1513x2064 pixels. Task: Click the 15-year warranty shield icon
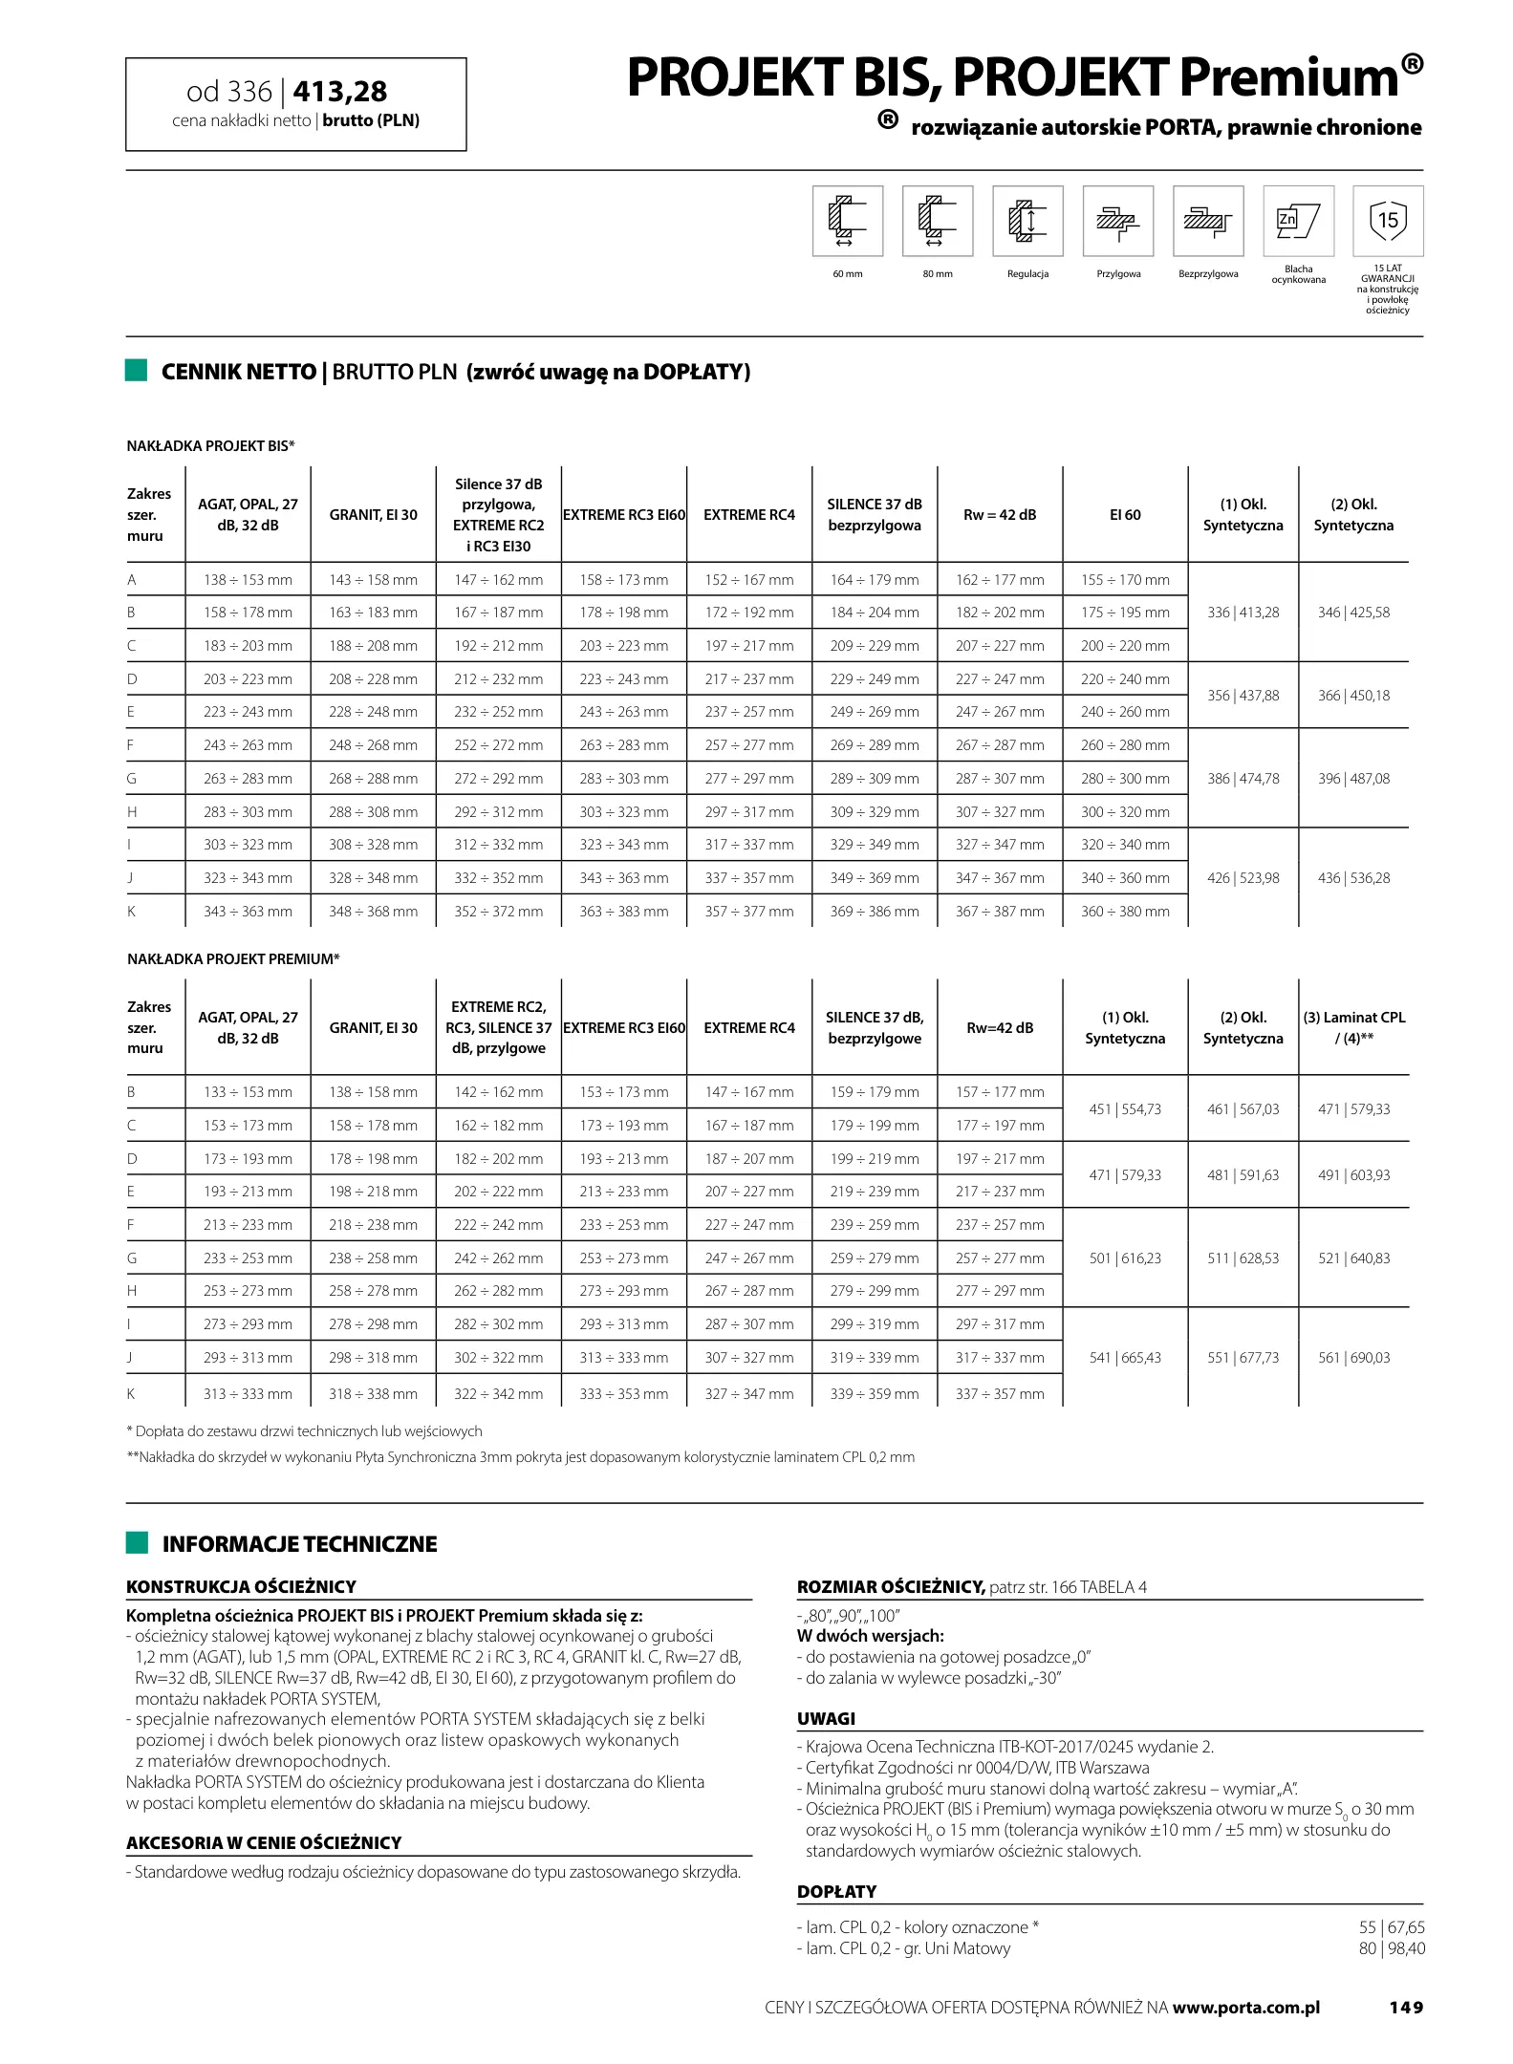[1388, 221]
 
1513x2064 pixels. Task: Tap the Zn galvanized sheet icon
[1298, 221]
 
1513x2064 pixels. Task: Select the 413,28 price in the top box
[340, 91]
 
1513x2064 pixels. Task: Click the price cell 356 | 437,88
[1243, 696]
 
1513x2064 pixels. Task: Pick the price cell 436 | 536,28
[1353, 878]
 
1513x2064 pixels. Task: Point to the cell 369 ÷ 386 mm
[875, 912]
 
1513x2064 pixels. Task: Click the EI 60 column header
[1125, 515]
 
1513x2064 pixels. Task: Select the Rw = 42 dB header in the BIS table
[1000, 515]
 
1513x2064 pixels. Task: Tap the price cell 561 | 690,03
[1353, 1358]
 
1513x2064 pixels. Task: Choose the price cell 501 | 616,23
[1125, 1258]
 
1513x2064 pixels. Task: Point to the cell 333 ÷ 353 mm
[624, 1394]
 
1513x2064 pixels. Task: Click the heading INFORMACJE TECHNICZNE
[299, 1545]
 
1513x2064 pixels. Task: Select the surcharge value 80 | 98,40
[1391, 1948]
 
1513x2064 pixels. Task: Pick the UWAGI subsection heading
[826, 1719]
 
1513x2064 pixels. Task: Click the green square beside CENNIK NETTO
[137, 371]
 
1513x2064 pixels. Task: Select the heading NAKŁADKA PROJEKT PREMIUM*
[233, 958]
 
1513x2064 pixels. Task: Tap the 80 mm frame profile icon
[937, 221]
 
